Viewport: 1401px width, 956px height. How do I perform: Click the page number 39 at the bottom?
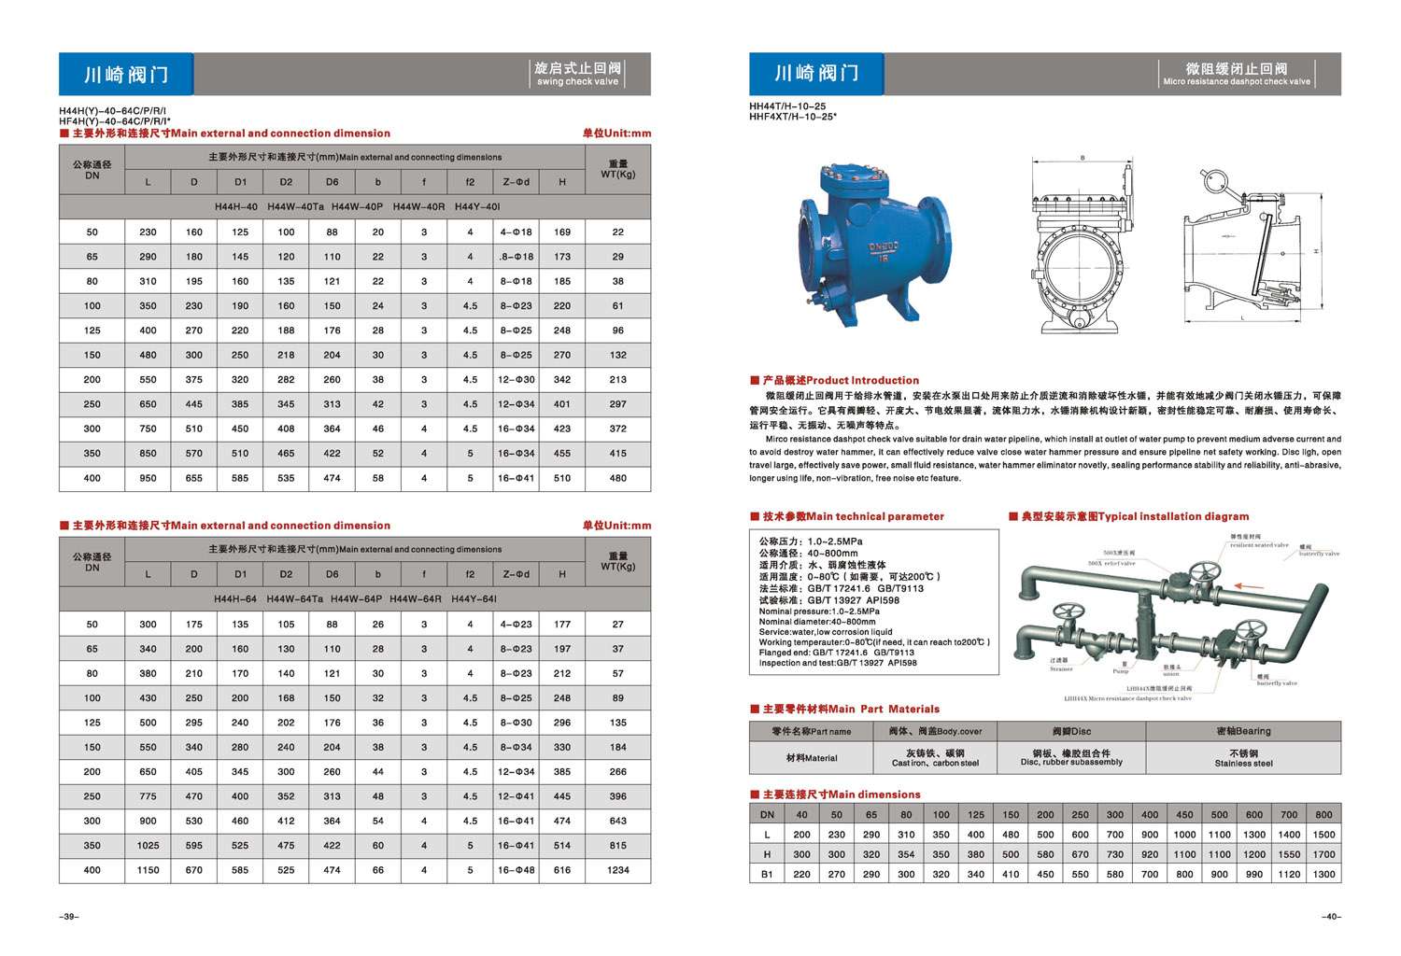pos(69,917)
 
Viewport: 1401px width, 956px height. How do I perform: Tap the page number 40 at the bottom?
pos(1331,917)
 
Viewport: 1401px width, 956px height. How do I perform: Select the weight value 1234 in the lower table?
pos(617,870)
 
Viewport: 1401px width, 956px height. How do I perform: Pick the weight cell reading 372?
pos(617,429)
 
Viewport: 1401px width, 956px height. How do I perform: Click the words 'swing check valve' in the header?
pos(577,82)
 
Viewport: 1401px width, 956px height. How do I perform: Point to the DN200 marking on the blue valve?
pos(883,246)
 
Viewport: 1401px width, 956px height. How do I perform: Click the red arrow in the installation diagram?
pos(1249,586)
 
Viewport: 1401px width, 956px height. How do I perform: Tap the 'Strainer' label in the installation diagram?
pos(1061,668)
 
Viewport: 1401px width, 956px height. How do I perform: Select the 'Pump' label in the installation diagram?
pos(1121,671)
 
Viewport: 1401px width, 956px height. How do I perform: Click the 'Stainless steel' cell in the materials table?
pos(1243,764)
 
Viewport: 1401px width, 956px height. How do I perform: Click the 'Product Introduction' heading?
pos(862,380)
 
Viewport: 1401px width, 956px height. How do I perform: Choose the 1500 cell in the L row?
pos(1323,835)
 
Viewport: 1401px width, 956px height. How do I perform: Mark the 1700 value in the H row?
pos(1323,854)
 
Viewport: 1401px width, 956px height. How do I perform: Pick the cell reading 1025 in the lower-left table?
pos(148,846)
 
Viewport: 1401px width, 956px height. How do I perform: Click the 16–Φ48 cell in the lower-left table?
pos(516,870)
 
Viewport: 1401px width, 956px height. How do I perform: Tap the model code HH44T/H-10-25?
pos(787,106)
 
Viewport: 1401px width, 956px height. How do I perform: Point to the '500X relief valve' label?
pos(1111,564)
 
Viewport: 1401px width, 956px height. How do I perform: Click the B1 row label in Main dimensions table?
pos(767,875)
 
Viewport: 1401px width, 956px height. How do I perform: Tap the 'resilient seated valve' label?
pos(1259,545)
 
